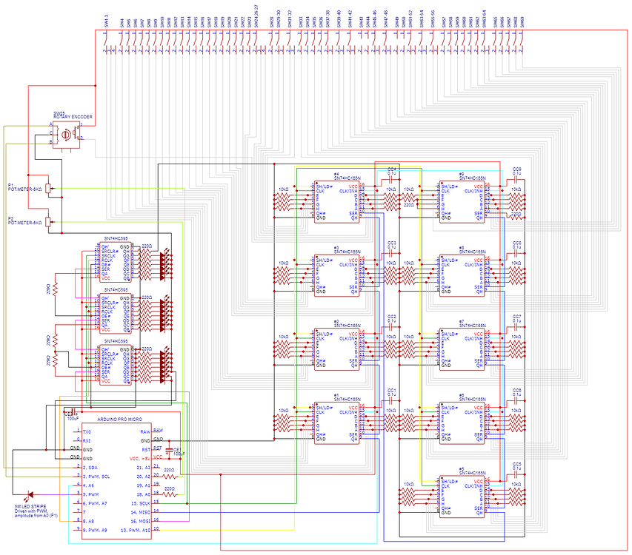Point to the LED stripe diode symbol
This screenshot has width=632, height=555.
click(x=30, y=494)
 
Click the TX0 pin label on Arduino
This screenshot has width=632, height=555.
click(x=87, y=431)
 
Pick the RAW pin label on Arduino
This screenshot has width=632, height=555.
click(x=157, y=431)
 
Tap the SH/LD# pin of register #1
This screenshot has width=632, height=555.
click(x=325, y=406)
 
